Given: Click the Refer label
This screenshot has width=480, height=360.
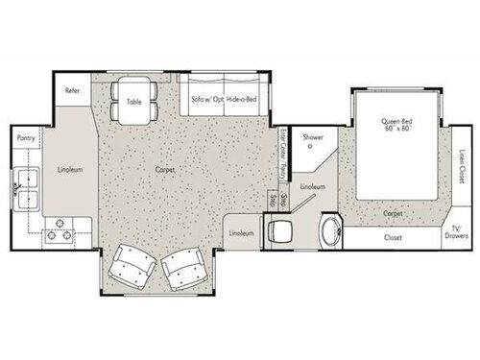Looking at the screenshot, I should click(x=72, y=91).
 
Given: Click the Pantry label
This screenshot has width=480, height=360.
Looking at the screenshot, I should click(x=26, y=137).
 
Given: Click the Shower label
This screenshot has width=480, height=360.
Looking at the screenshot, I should click(x=313, y=137).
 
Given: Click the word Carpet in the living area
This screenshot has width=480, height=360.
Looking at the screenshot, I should click(x=165, y=170).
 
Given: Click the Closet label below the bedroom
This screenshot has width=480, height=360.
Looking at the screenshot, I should click(x=392, y=237).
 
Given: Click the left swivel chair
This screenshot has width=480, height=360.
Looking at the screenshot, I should click(x=130, y=266).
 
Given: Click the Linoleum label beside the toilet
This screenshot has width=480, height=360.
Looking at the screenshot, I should click(x=242, y=232).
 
